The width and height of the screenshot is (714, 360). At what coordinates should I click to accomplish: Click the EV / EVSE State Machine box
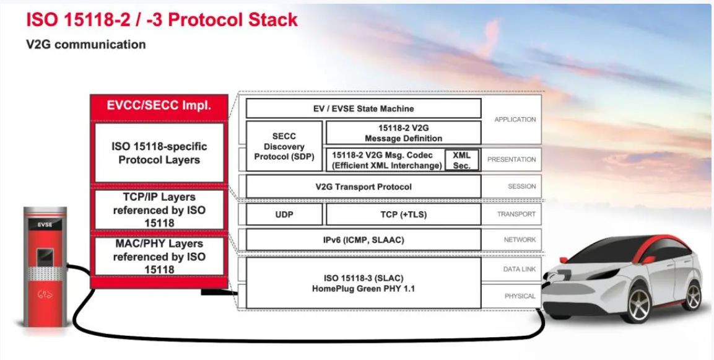click(x=363, y=108)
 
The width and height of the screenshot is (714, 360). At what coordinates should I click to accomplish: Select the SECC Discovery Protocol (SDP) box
click(x=284, y=147)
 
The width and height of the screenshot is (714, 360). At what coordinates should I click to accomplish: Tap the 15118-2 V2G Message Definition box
click(x=403, y=133)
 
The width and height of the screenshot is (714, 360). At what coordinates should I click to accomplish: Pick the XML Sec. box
click(x=462, y=160)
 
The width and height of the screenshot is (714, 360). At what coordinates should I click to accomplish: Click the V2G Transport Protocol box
click(x=363, y=187)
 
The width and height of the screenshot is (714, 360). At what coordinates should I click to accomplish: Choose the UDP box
click(x=284, y=214)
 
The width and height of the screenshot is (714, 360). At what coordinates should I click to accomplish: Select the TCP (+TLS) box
click(x=403, y=214)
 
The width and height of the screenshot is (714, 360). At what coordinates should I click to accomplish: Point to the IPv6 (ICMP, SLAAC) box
click(x=363, y=240)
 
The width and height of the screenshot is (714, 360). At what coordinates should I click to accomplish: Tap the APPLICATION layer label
click(x=515, y=120)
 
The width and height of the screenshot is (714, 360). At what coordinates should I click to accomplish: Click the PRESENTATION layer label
click(x=512, y=160)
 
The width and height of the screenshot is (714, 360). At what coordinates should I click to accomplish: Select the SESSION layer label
click(x=521, y=187)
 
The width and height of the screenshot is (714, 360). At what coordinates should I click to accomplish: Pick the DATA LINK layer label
click(x=520, y=269)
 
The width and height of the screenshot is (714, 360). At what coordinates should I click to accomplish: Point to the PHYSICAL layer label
click(x=520, y=296)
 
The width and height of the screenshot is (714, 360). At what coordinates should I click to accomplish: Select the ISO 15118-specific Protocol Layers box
click(x=159, y=153)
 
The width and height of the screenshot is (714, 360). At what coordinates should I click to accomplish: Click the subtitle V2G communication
click(x=85, y=45)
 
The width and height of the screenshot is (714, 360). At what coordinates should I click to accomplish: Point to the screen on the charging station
click(x=44, y=255)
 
